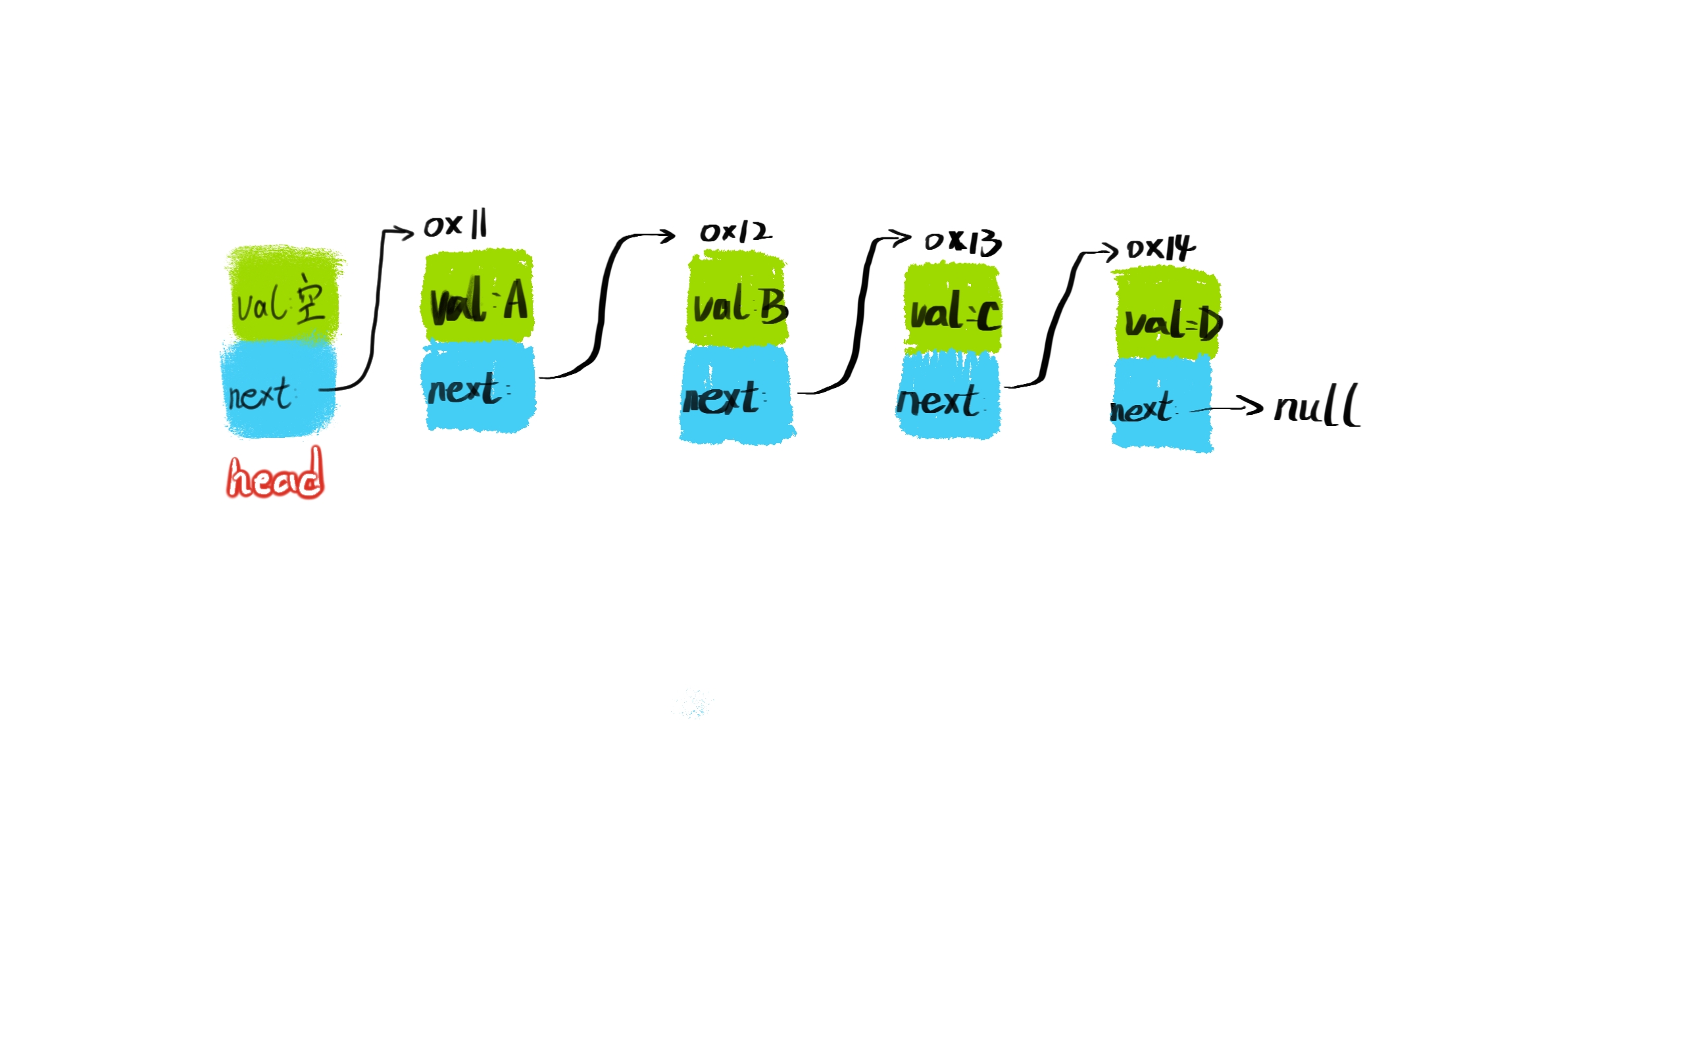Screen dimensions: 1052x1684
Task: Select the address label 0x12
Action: [735, 231]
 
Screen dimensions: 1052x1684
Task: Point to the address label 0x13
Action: [962, 242]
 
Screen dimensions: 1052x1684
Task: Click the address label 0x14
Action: [1160, 248]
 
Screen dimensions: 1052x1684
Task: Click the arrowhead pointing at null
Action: [1253, 406]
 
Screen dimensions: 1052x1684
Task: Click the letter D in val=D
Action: [1210, 323]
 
